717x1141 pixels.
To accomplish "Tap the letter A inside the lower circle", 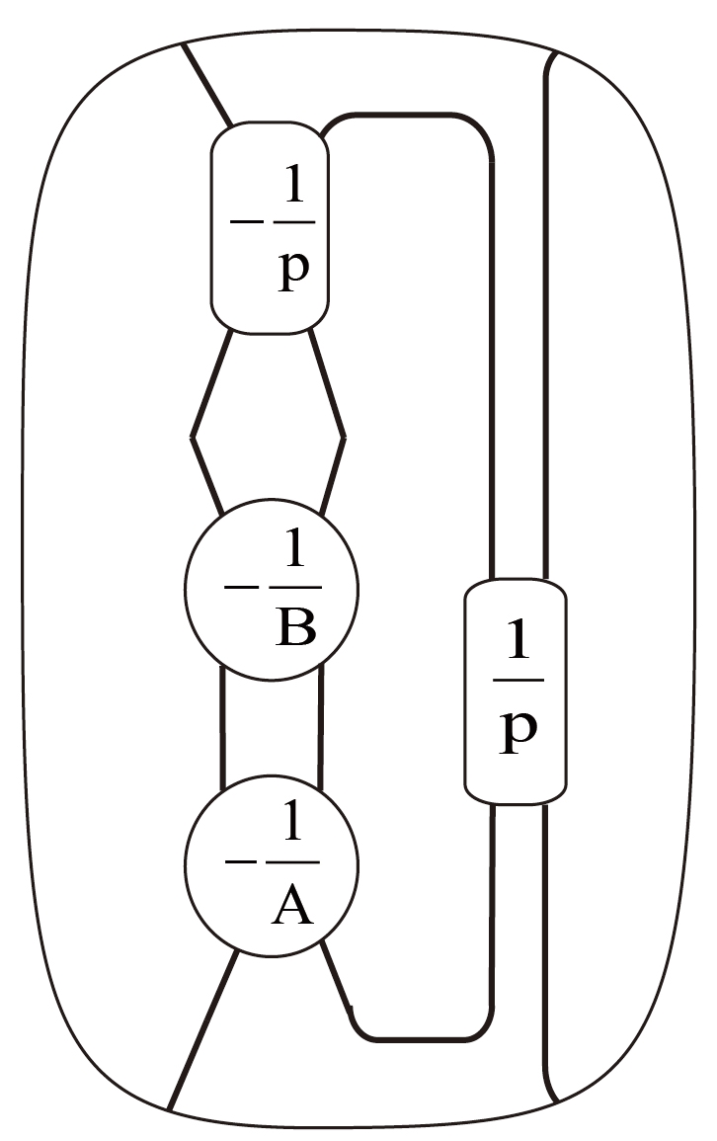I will pos(291,905).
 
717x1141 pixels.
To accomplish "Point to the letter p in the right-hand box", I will pos(517,732).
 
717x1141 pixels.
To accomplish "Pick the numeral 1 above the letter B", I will pos(294,557).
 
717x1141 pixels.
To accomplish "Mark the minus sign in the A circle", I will pos(240,862).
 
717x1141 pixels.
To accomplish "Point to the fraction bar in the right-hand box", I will pos(517,681).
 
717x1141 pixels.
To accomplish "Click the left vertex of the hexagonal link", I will pos(193,436).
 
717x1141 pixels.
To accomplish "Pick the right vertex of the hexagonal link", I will pos(344,436).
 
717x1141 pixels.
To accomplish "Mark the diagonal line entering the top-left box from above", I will pos(206,85).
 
